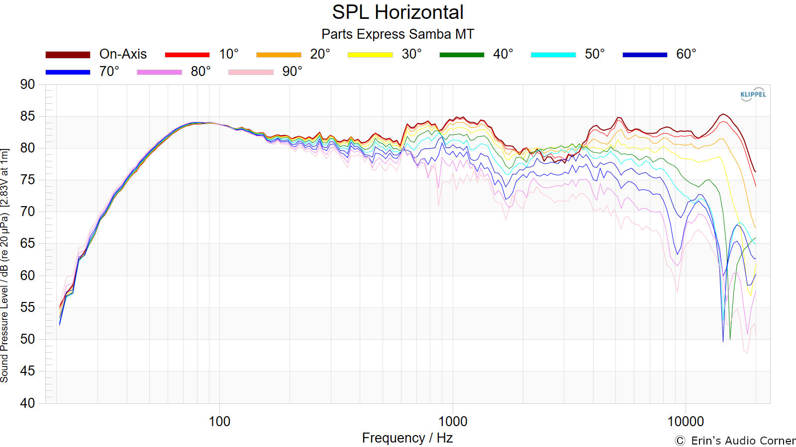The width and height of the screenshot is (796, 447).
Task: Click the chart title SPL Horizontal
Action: (x=398, y=12)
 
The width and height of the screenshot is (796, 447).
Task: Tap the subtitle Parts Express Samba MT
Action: (x=398, y=34)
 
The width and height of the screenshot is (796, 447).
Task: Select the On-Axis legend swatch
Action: (x=68, y=55)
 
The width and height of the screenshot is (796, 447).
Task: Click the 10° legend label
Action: (x=228, y=54)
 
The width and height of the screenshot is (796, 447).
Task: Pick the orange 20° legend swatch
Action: (x=279, y=55)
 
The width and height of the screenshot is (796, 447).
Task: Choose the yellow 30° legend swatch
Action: (x=370, y=55)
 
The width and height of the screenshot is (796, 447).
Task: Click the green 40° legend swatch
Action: (x=462, y=55)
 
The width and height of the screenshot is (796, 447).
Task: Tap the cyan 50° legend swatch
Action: (x=553, y=55)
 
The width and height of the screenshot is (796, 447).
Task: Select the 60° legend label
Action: (x=686, y=54)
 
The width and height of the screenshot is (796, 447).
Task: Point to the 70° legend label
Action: (x=109, y=72)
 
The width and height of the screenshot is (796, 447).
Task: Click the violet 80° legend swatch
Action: (x=159, y=72)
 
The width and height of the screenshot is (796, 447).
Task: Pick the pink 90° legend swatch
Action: (x=251, y=72)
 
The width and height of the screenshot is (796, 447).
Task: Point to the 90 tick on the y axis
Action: (x=27, y=85)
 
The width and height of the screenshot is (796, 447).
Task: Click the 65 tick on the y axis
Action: (x=27, y=244)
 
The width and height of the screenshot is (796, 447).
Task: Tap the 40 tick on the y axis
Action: (x=27, y=403)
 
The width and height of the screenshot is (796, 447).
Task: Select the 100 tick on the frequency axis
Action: (x=219, y=422)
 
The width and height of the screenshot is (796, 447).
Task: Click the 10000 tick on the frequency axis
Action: (x=686, y=422)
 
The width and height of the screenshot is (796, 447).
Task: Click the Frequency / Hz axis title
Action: (x=407, y=438)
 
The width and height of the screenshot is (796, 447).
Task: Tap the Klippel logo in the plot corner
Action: (x=753, y=94)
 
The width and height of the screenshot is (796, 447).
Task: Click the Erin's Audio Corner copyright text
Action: (x=735, y=441)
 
